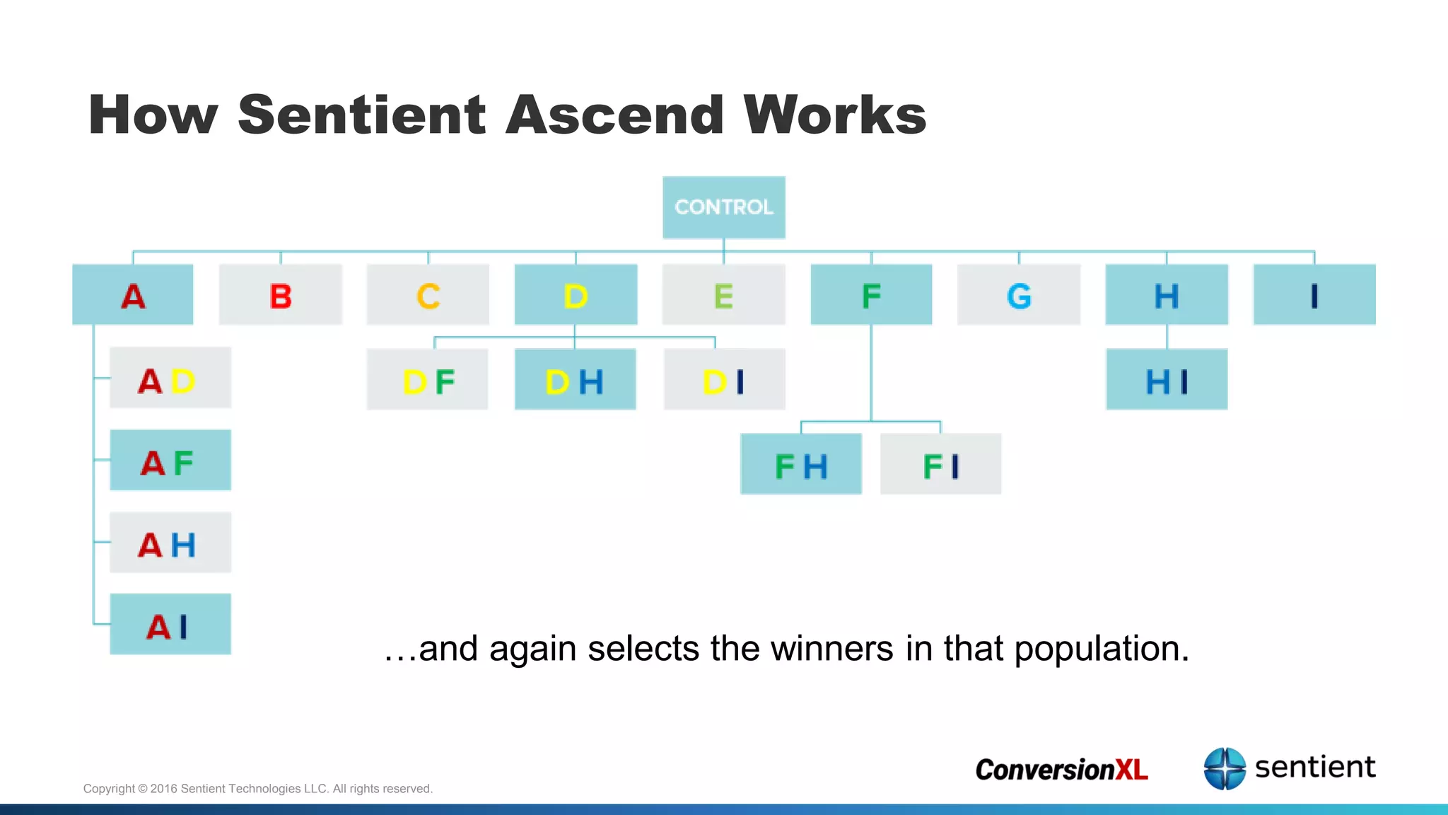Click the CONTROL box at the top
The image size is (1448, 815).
click(x=723, y=207)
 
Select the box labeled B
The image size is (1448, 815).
click(x=281, y=295)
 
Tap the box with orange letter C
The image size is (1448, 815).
click(x=428, y=295)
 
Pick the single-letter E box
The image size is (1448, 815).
click(x=723, y=295)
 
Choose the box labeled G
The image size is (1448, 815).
click(x=1019, y=295)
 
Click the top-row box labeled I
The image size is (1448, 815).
click(x=1314, y=295)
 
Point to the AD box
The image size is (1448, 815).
click(x=170, y=378)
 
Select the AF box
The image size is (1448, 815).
click(x=170, y=461)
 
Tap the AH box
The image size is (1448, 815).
click(x=170, y=543)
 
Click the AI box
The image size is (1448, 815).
click(x=170, y=625)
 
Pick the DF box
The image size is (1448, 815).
click(x=428, y=380)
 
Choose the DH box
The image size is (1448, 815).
click(x=575, y=380)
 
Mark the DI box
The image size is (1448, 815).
click(x=724, y=380)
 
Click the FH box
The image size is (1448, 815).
click(x=801, y=464)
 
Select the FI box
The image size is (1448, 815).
click(x=941, y=464)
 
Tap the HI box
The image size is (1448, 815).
click(x=1167, y=380)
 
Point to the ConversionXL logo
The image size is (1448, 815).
click(x=1061, y=770)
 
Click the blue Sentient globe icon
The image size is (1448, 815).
click(x=1225, y=768)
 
